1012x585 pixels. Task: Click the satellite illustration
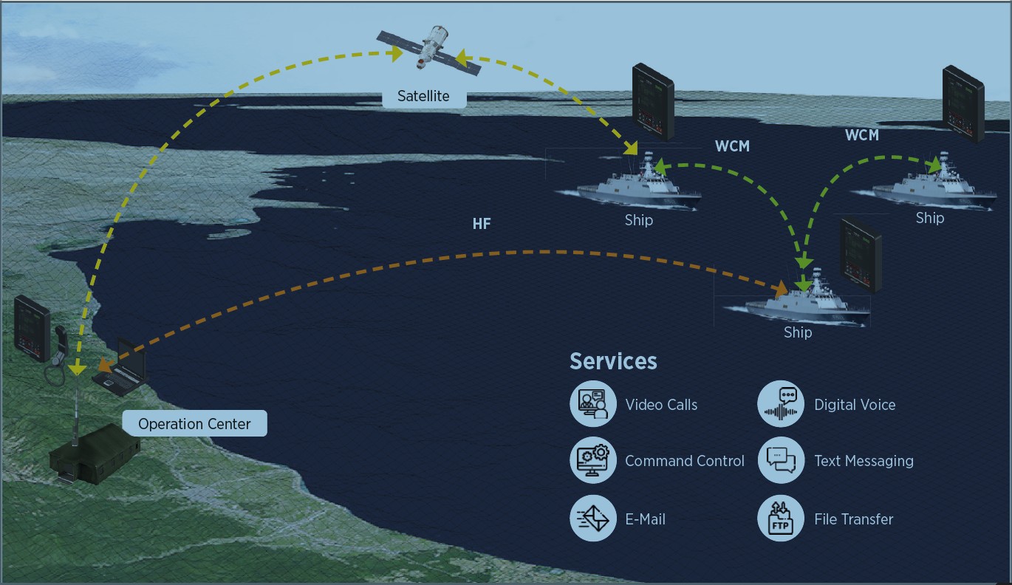coord(429,47)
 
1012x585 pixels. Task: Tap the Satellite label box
coord(424,96)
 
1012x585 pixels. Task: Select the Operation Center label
coord(194,424)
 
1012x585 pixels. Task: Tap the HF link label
coord(482,223)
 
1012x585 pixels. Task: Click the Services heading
coord(613,361)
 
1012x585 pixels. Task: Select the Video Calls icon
coord(593,404)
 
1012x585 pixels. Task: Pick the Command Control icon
coord(593,460)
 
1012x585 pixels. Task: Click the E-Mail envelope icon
coord(593,519)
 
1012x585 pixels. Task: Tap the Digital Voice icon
coord(781,404)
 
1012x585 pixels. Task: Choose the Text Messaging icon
coord(781,460)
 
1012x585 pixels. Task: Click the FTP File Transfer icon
coord(781,519)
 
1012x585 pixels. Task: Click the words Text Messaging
coord(864,461)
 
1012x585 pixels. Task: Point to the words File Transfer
coord(853,519)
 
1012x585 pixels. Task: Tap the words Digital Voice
coord(855,405)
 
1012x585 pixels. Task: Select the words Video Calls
coord(661,405)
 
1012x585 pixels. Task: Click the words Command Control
coord(685,461)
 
